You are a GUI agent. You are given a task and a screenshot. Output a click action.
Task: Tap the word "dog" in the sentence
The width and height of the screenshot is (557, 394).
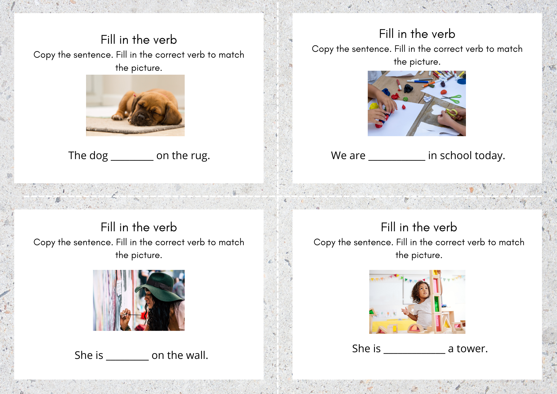pos(99,156)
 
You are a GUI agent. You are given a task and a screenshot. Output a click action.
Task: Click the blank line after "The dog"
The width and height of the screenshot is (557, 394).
pos(132,160)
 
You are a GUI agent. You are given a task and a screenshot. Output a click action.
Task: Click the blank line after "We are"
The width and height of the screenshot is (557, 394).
pos(397,160)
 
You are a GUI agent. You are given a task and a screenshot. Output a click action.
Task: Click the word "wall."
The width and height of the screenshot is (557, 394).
pos(197,355)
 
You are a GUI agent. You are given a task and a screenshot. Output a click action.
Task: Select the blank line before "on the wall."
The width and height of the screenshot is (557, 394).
pos(128,360)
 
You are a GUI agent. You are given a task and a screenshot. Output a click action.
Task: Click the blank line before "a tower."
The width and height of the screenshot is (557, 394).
pos(414,353)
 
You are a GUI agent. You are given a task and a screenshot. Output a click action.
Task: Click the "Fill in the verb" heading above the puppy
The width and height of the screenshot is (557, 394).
pos(139,40)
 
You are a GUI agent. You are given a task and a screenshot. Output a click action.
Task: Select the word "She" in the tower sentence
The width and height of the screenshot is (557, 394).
pos(361,349)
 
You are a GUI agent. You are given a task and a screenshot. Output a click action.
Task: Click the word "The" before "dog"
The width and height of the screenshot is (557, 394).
pos(77,155)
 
